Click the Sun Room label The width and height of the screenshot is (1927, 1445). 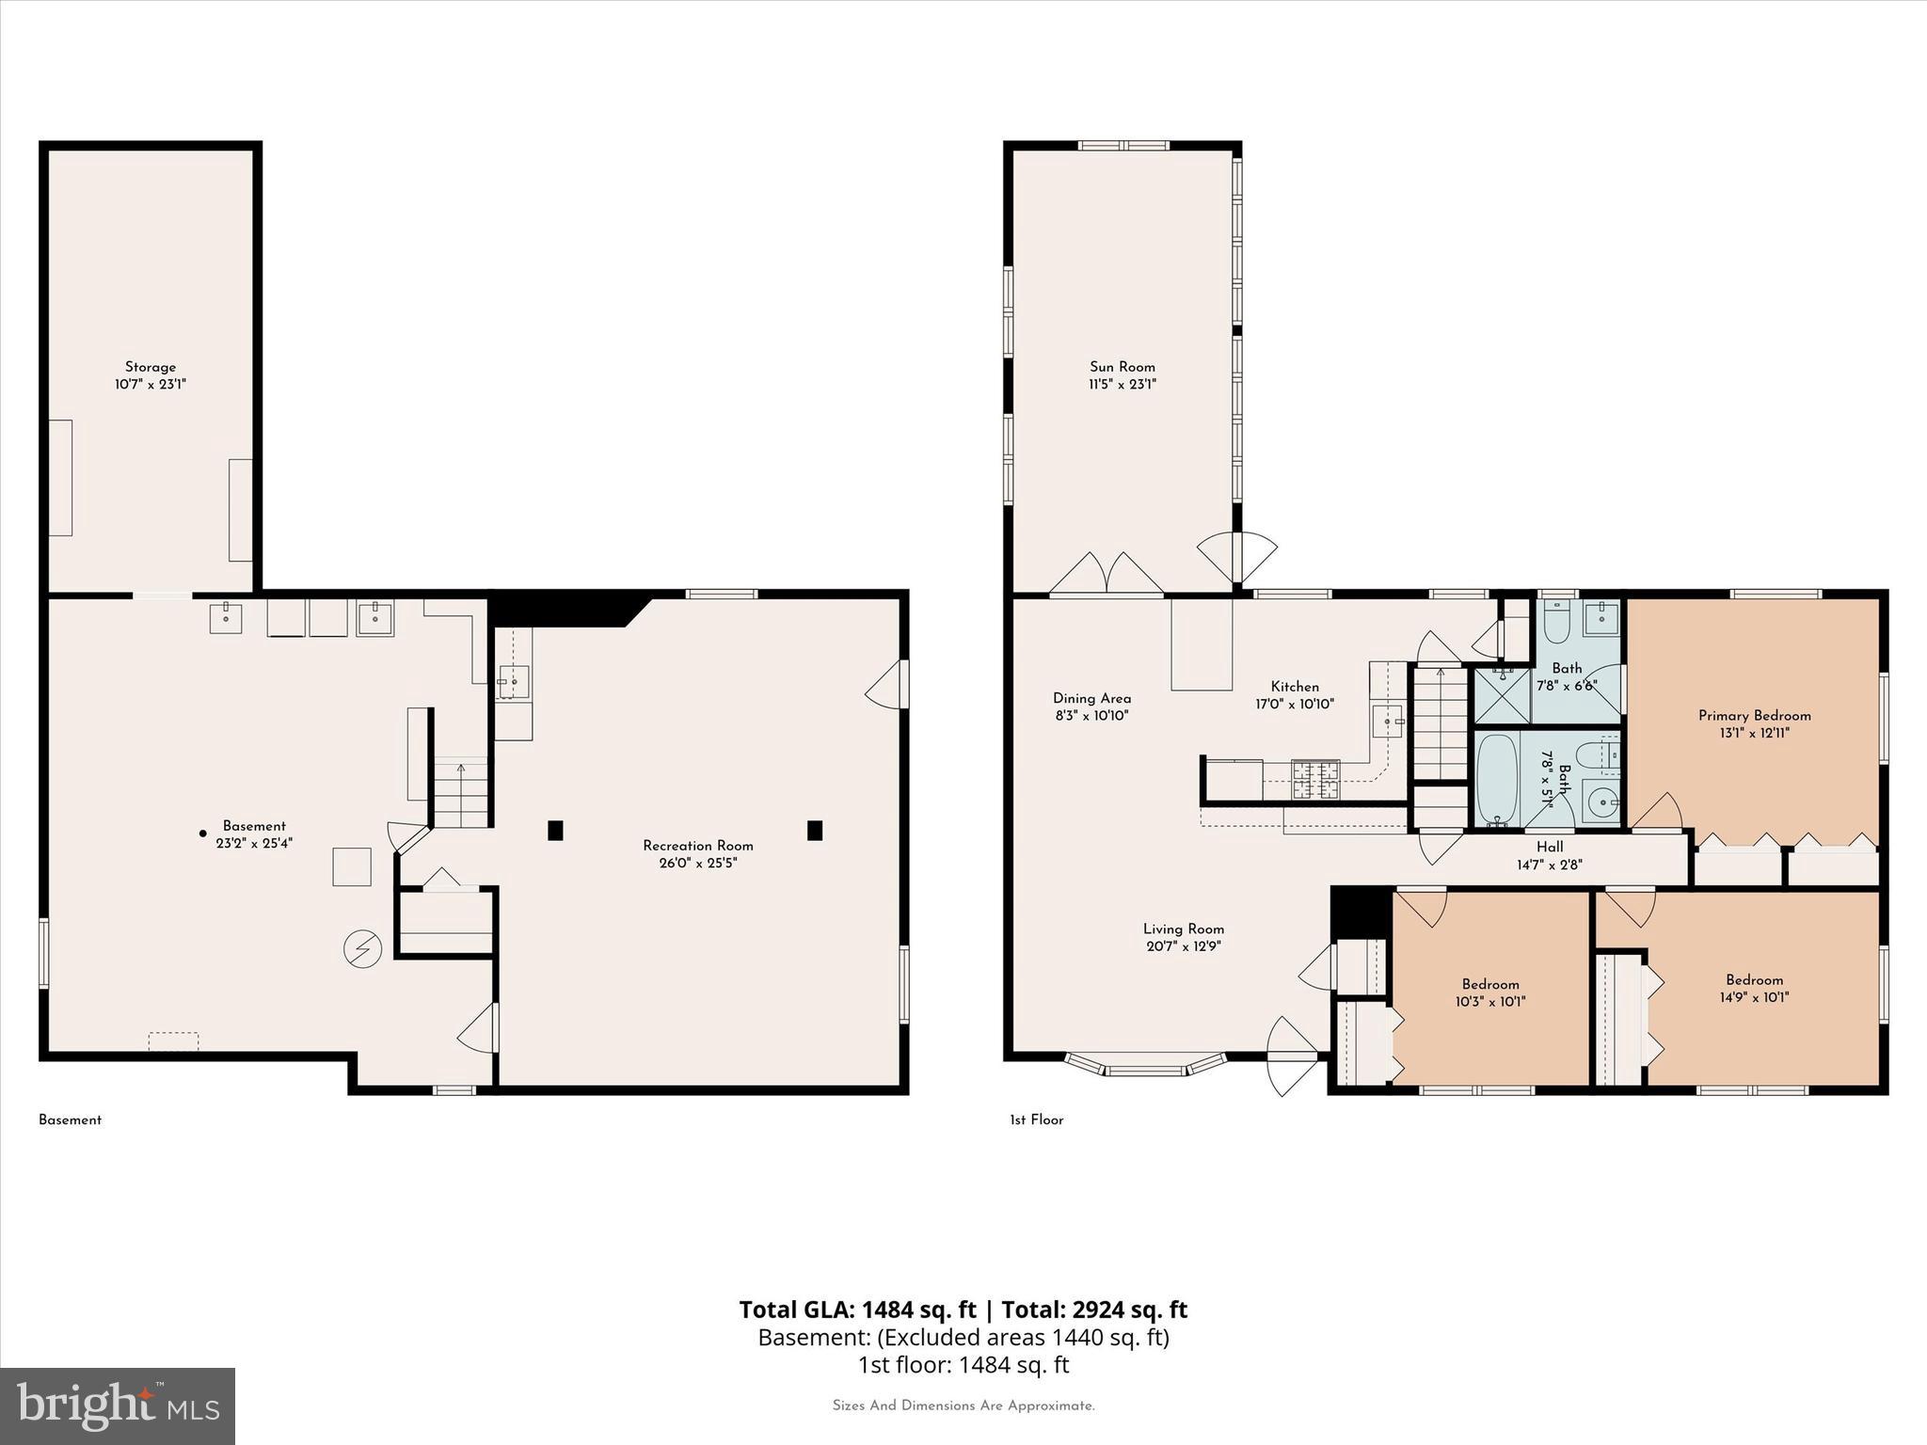point(1122,367)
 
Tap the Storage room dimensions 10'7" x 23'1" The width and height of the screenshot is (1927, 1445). point(151,385)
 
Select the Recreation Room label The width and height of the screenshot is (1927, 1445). point(697,846)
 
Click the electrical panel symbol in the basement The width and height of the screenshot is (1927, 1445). point(362,949)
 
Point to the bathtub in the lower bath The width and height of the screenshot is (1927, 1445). point(1497,780)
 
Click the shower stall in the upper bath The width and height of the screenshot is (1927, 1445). point(1502,695)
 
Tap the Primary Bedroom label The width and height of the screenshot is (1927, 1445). point(1754,716)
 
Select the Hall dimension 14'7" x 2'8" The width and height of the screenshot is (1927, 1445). point(1549,865)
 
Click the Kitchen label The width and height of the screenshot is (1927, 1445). point(1295,687)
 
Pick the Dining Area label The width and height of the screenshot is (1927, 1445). point(1091,698)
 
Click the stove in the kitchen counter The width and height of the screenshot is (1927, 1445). point(1315,780)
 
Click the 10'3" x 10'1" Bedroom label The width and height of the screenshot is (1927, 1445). point(1489,985)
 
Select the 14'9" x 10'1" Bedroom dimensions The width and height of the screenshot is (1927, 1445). point(1754,997)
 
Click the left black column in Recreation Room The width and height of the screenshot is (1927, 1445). point(555,830)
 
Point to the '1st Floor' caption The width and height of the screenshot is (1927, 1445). point(1036,1119)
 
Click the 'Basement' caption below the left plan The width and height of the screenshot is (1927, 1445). point(70,1119)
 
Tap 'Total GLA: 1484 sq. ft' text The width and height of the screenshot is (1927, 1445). point(857,1310)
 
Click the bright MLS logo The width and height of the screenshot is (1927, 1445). point(118,1405)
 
